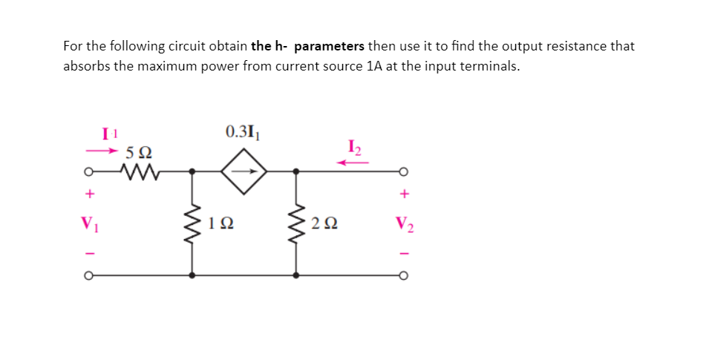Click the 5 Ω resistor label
[139, 154]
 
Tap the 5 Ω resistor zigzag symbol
[139, 172]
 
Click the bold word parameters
[329, 46]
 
